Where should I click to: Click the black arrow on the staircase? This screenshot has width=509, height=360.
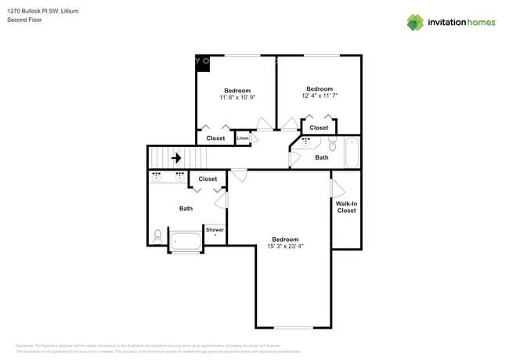coord(176,158)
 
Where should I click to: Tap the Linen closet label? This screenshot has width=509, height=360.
coord(243,139)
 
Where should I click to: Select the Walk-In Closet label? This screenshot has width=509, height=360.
coord(346,207)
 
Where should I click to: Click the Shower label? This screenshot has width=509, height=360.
coord(215,230)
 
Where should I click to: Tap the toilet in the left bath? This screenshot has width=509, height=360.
coord(158,235)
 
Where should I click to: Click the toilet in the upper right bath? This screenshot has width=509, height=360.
coord(332,145)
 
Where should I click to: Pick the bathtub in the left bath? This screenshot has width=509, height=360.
coord(186,242)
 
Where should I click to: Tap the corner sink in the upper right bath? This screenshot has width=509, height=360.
coord(305,142)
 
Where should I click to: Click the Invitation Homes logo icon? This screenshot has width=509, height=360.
coord(415,23)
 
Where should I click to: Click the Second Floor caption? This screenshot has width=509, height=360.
coord(25,20)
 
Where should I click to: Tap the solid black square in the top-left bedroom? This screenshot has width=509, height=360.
coord(202,63)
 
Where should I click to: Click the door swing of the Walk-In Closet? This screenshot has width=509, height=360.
coord(338,189)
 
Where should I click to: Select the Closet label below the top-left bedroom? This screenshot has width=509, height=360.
coord(215,139)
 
